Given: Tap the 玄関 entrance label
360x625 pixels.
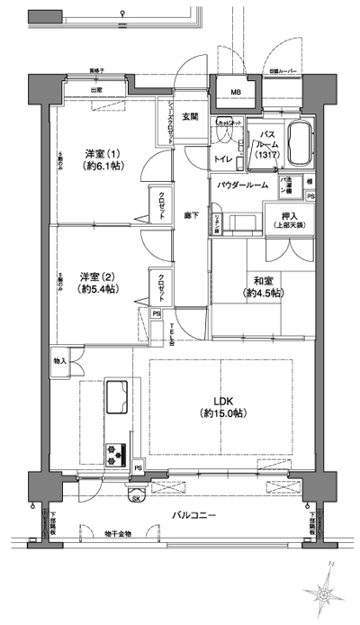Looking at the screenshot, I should point(191,116).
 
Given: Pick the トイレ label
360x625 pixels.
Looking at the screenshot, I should point(220,159).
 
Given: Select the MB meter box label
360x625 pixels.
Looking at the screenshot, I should point(235,93).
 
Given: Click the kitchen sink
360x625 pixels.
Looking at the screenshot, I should point(119,394).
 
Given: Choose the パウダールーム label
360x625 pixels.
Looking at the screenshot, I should point(242,185).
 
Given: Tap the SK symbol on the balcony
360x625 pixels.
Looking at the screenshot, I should point(137,496).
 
